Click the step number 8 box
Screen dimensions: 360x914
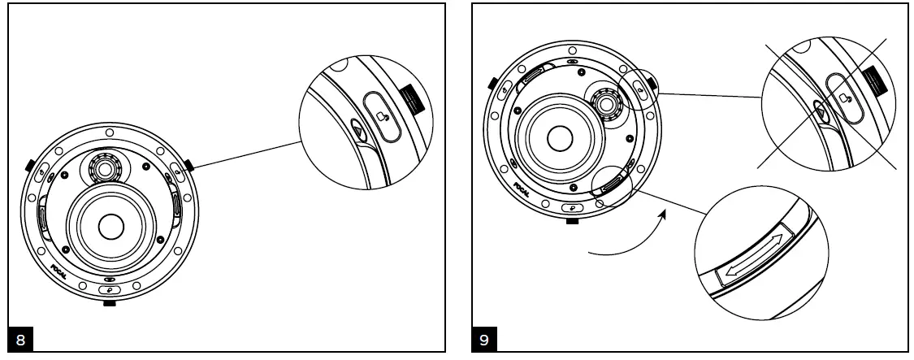coord(20,339)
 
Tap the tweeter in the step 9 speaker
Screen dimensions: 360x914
coord(604,104)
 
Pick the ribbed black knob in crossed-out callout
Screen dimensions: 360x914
coord(874,80)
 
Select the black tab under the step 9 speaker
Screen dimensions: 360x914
coord(574,220)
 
